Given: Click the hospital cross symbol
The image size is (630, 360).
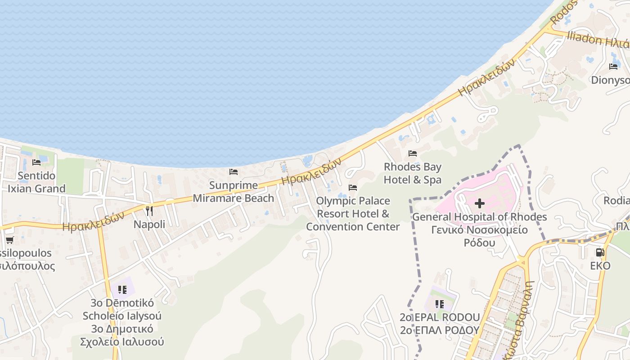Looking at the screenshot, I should (480, 203).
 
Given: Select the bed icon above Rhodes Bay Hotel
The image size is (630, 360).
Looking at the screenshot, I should (413, 153).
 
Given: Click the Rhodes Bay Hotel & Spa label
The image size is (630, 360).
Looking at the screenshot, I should (413, 173).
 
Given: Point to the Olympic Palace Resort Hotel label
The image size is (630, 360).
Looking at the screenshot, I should (353, 213).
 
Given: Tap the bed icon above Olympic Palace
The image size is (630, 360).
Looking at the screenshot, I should (353, 187).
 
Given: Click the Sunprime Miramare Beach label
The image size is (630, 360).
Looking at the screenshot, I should (234, 192).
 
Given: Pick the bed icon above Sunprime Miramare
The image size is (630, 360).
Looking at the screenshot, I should (234, 172).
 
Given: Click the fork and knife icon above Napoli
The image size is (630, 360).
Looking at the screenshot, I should (149, 211).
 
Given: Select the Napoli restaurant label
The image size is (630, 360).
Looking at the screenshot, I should (149, 224).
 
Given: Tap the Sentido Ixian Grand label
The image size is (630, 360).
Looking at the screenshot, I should (37, 182).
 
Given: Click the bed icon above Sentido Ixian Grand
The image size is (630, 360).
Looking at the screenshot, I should (37, 162).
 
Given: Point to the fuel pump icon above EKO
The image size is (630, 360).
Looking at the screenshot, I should (600, 252).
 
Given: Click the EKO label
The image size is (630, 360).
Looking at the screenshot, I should (600, 265).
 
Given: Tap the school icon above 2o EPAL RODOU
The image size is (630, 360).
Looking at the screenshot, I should (440, 304).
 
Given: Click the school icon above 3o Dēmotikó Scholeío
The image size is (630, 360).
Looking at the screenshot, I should (122, 289).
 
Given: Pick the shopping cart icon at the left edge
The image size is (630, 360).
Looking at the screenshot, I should (9, 240).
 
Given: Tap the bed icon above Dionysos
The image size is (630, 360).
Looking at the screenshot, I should (613, 67).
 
